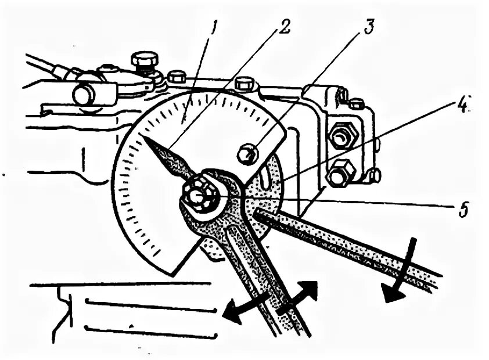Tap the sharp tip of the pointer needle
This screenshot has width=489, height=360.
click(142, 137)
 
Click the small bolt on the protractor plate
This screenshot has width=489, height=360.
click(247, 154)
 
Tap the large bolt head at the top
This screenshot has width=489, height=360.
click(144, 59)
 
